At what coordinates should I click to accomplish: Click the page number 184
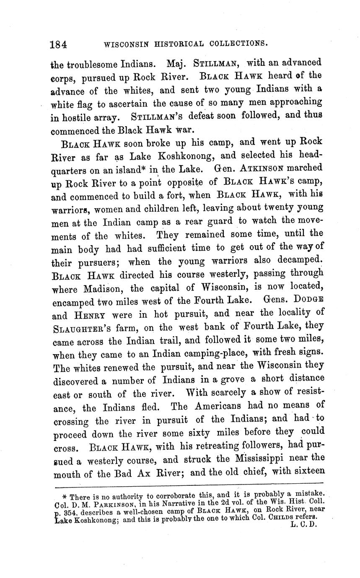59,44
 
